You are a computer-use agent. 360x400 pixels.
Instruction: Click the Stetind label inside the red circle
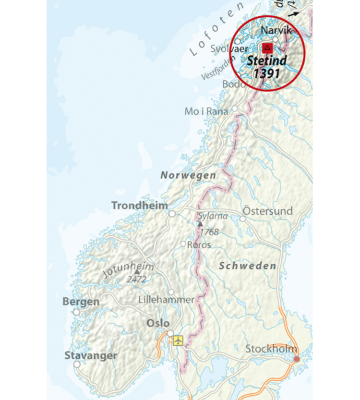point(266,61)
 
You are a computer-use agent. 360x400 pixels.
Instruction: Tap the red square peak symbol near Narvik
point(267,48)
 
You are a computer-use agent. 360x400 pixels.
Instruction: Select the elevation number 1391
point(266,74)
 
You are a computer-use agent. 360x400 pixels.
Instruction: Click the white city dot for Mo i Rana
point(235,109)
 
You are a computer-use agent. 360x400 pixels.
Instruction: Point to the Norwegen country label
point(188,176)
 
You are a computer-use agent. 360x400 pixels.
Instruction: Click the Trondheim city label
point(140,206)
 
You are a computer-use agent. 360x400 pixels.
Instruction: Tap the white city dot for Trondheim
point(171,212)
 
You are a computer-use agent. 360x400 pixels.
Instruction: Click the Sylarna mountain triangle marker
point(200,224)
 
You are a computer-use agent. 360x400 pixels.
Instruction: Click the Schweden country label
point(248,266)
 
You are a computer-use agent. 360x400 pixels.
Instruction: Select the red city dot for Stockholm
point(297,359)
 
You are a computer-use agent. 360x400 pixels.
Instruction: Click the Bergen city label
point(81,302)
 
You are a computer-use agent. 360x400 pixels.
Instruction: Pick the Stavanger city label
point(91,356)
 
